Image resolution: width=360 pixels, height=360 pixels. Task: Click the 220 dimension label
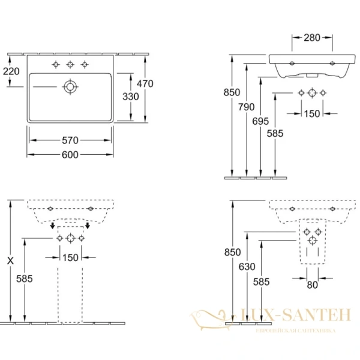point(11,71)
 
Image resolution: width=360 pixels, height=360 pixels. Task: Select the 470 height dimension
point(145,84)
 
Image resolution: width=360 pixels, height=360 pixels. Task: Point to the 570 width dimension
point(70,141)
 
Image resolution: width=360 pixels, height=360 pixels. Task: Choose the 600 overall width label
point(70,155)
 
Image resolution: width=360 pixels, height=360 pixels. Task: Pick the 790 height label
point(247,107)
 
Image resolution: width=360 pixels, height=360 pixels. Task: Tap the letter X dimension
point(10,261)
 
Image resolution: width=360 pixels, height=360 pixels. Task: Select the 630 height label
point(246,267)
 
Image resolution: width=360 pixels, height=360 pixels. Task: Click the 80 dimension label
point(312,285)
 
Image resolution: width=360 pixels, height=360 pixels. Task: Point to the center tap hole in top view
point(71,64)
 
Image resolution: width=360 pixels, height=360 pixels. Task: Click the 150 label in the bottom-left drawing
point(71,258)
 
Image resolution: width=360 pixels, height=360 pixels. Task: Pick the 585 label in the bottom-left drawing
point(25,280)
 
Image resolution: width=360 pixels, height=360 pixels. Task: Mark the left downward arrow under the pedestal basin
point(53,226)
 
